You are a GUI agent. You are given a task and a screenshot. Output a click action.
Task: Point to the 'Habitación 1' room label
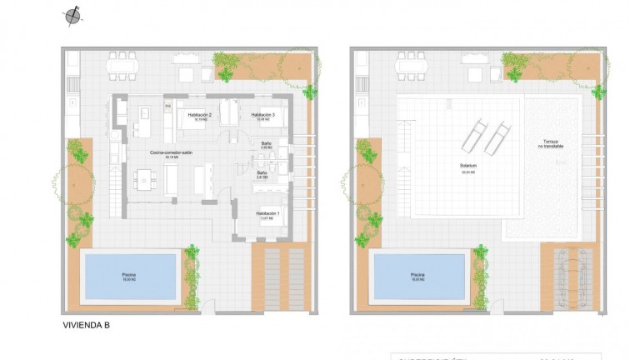tap(267, 214)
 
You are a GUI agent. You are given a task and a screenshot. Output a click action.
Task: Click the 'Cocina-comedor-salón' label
tap(172, 153)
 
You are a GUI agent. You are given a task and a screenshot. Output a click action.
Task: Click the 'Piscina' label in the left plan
tap(128, 274)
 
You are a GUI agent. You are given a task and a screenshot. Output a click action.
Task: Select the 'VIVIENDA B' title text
tap(87, 326)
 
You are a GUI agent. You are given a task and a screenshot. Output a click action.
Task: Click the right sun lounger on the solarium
tap(497, 133)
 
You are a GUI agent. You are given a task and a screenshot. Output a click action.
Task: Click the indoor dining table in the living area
tap(146, 178)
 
